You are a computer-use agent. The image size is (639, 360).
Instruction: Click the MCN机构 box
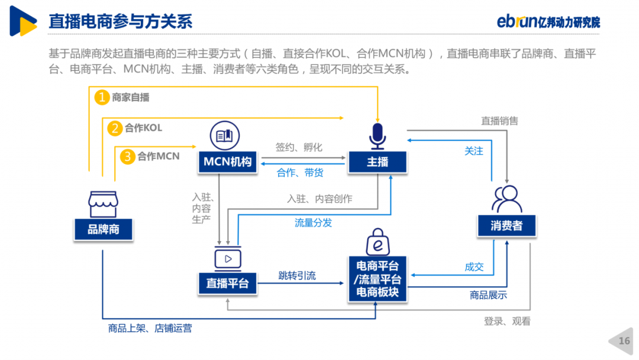coord(228,162)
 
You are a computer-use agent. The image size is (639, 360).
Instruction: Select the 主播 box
coord(377,162)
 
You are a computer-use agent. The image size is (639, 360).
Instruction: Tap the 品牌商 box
coord(104,229)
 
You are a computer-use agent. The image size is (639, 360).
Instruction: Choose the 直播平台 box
coord(227,284)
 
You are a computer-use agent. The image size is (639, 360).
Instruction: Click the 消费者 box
coord(506,226)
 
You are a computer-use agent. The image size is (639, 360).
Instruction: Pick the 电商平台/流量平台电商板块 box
coord(377,278)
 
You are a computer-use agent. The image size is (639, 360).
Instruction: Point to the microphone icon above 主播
coord(377,136)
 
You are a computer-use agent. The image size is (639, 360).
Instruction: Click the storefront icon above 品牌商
coord(104,204)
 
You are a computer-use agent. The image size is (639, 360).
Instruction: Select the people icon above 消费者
coord(506,200)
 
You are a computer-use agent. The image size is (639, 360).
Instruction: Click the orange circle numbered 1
coord(102,97)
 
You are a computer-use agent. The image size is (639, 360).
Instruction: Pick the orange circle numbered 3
coord(127,156)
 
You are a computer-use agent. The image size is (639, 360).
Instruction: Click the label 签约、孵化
coord(299,147)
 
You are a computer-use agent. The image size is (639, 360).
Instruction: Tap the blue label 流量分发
coord(313,223)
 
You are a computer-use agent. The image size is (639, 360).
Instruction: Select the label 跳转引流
coord(297,275)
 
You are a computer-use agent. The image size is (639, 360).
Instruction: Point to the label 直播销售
coord(499,121)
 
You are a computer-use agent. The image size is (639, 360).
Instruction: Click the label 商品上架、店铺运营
coord(150,328)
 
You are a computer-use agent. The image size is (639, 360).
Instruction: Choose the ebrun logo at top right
coord(548,22)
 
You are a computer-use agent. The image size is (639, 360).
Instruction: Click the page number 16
coord(624,341)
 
